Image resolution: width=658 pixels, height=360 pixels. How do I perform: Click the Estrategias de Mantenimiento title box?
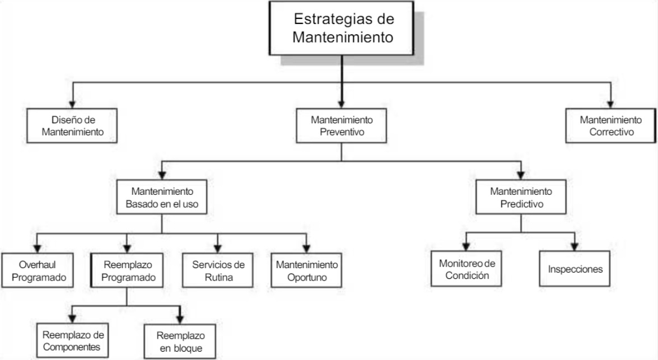pos(341,28)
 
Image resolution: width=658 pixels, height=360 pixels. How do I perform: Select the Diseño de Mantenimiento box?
pos(72,126)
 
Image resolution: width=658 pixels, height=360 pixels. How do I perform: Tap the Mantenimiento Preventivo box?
pos(342,126)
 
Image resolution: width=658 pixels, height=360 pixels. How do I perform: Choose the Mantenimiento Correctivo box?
pos(610,126)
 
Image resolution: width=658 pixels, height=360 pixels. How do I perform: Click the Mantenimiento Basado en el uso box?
pos(162,197)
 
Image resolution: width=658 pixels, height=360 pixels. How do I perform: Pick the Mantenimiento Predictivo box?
pos(521,197)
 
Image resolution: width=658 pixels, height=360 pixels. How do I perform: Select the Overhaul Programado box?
pos(38,270)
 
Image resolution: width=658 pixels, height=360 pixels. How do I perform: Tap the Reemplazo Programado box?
pos(127,270)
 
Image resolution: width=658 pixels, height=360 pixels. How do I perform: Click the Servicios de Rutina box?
pos(218,270)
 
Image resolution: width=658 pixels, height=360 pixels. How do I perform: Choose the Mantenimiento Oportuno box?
pos(306,270)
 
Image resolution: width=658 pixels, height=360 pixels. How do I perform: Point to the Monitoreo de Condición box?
pos(466,269)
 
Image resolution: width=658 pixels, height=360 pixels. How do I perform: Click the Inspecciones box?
pos(575,269)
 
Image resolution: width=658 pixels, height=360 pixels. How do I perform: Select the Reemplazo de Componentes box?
pos(73,340)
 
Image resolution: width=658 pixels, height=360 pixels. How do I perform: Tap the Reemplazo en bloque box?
pos(180,341)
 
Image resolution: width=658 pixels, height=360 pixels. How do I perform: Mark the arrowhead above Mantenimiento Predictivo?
pos(521,176)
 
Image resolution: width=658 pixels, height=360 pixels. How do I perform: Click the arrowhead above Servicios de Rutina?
pos(218,249)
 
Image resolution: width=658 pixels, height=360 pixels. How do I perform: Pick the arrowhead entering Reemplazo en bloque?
pos(180,320)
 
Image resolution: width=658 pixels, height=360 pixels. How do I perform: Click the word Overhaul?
pos(37,265)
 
